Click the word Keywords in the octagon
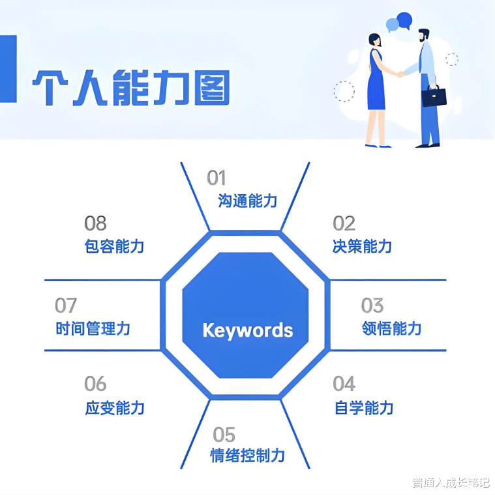point(247,330)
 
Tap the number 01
point(216,178)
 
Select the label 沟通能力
point(247,201)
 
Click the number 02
point(344,223)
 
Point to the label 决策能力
point(362,246)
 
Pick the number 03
point(372,305)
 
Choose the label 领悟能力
point(391,328)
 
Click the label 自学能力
point(363,408)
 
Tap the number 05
point(224,434)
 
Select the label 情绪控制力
point(247,455)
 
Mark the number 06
point(95,384)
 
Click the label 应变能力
point(115,408)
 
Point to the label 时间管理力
point(93,328)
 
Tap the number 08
point(95,223)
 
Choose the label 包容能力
point(114,246)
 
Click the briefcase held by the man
point(434,96)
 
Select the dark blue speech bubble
point(405,20)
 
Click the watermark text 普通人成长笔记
point(450,483)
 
